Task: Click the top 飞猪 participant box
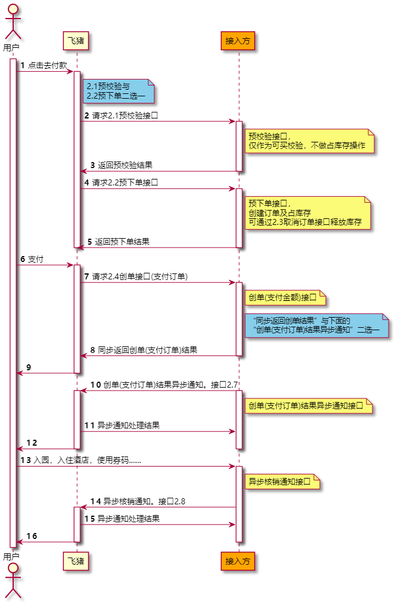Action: (x=77, y=41)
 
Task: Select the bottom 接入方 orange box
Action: (x=238, y=561)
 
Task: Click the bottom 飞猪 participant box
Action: (x=77, y=561)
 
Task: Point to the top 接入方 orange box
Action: (x=238, y=41)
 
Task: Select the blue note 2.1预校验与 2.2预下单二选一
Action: (x=118, y=90)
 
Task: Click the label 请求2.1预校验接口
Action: (x=125, y=115)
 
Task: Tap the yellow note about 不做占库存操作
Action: (x=310, y=141)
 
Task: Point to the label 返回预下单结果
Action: (x=122, y=242)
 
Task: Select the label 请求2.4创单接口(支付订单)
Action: (x=139, y=276)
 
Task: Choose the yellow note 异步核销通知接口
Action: (x=281, y=481)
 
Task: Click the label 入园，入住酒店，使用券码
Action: (x=87, y=460)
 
